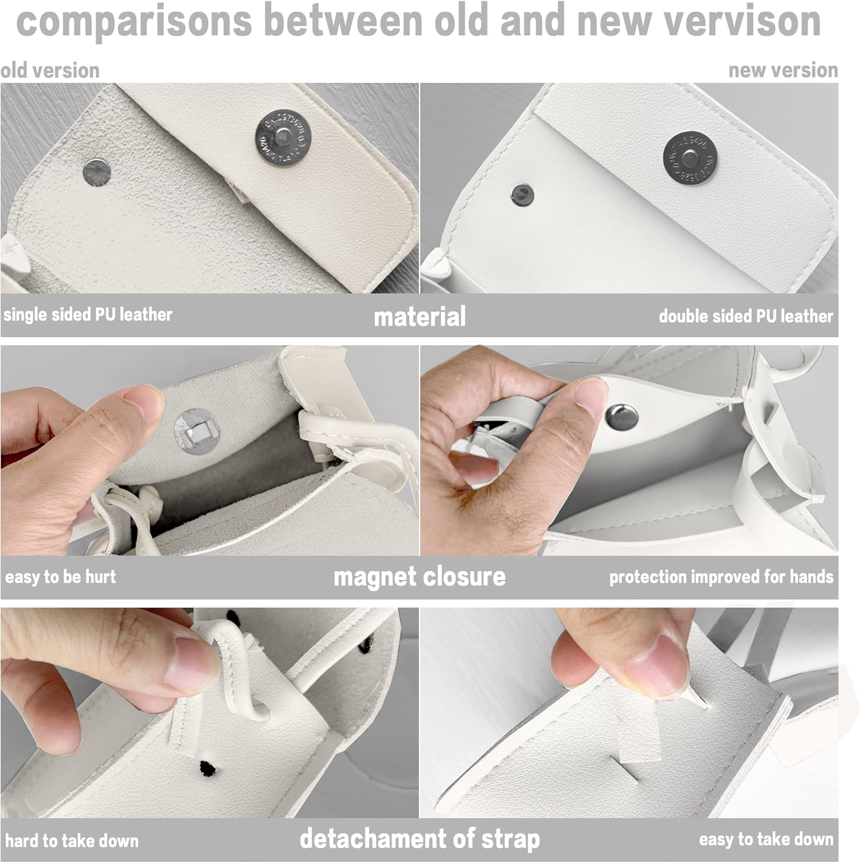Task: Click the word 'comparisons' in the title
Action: click(x=134, y=21)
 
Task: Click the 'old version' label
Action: click(x=50, y=70)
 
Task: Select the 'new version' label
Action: click(x=783, y=70)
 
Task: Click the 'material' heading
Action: click(x=420, y=317)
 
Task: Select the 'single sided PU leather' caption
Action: click(x=88, y=315)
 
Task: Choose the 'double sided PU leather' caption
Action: click(x=745, y=316)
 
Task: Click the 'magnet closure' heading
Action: click(x=420, y=576)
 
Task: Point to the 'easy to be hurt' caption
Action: click(x=60, y=576)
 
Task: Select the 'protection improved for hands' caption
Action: click(x=721, y=576)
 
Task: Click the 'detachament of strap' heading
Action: click(x=420, y=839)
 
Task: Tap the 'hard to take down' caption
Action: click(x=72, y=841)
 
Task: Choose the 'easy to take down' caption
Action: click(x=766, y=839)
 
